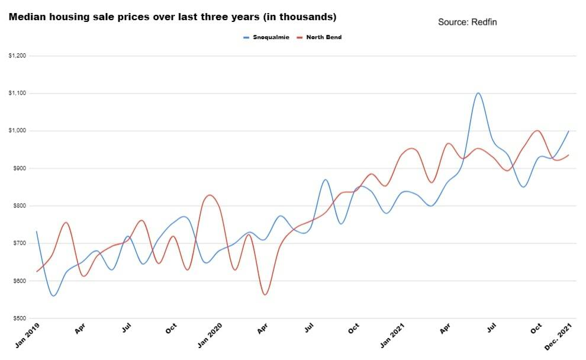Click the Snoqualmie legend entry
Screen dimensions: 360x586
point(269,37)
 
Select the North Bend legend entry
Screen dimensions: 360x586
point(323,37)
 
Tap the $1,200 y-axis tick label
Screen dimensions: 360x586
point(17,56)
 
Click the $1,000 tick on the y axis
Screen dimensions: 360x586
point(17,131)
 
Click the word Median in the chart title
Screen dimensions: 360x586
point(26,17)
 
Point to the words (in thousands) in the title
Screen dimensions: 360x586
point(301,17)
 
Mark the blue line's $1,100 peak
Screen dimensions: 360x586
point(478,93)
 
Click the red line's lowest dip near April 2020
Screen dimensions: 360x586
point(265,294)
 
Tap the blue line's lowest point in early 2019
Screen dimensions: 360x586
point(53,295)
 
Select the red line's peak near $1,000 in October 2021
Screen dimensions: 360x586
point(537,131)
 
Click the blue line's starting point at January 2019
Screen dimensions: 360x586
point(37,232)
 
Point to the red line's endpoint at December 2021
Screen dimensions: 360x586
point(569,155)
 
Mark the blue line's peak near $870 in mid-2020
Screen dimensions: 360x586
point(326,179)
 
